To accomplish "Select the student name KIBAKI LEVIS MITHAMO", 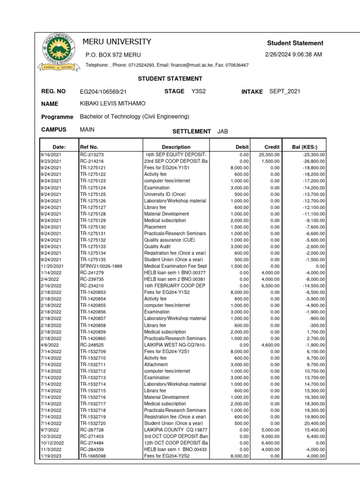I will [113, 104].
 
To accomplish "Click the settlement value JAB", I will [223, 132].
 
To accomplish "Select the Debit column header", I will [242, 147].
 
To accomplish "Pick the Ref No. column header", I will [89, 147].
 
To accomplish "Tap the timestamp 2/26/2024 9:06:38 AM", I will [293, 55].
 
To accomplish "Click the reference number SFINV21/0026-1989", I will [101, 266].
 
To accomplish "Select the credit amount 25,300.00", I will [269, 154].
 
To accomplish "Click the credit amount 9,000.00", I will [270, 436].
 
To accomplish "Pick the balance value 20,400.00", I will [315, 423].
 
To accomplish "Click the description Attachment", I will [156, 365].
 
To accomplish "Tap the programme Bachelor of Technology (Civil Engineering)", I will [135, 117].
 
